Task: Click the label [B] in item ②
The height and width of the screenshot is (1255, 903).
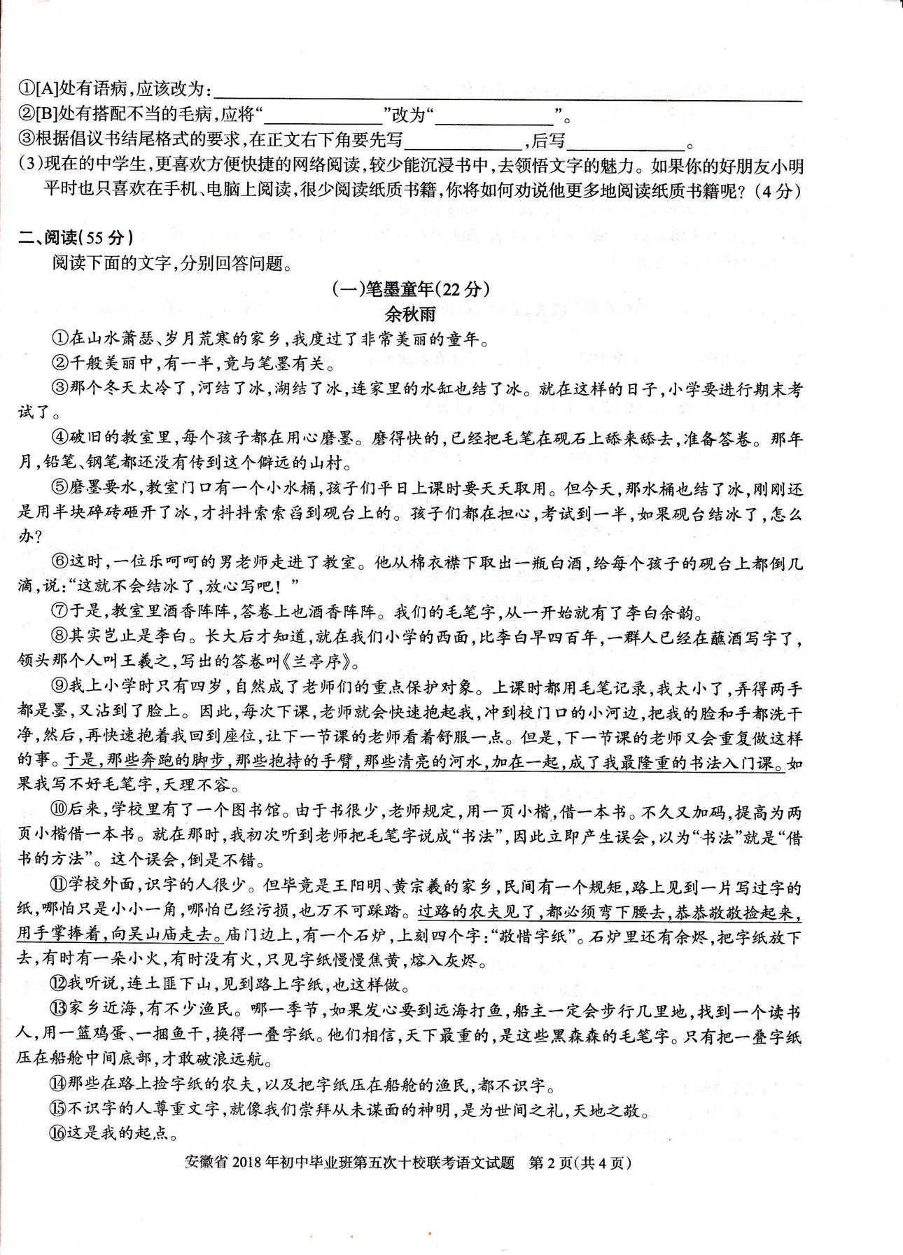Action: (47, 114)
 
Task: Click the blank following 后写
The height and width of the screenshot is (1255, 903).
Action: (625, 143)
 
